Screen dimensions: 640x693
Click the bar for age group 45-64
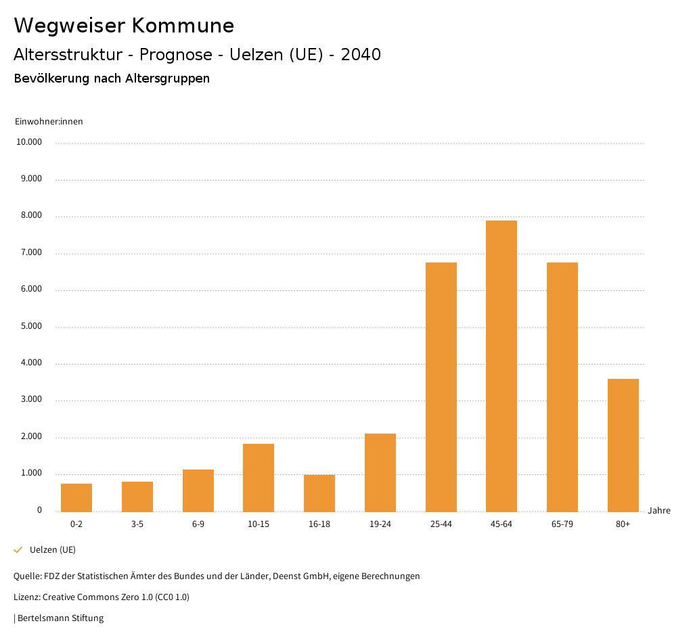[501, 366]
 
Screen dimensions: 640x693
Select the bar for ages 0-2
[76, 498]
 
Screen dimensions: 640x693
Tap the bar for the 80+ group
[623, 445]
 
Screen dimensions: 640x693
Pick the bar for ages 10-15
[259, 478]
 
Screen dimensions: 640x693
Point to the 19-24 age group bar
[380, 473]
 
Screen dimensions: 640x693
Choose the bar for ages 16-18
[319, 493]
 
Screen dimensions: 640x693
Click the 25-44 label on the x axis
[441, 524]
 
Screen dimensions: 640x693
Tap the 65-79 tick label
[562, 524]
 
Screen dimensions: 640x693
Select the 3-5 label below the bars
[137, 524]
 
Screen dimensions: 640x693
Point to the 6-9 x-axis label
[198, 524]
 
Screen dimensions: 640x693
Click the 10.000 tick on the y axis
[30, 143]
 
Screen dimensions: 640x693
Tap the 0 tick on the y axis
[39, 510]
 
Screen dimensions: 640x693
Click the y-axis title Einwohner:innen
[49, 122]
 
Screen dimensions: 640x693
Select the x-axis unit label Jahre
[658, 511]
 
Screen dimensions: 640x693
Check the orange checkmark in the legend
[18, 550]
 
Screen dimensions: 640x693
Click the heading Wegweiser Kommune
[124, 26]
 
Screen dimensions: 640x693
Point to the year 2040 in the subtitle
[361, 55]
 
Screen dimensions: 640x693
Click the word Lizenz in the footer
[26, 597]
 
